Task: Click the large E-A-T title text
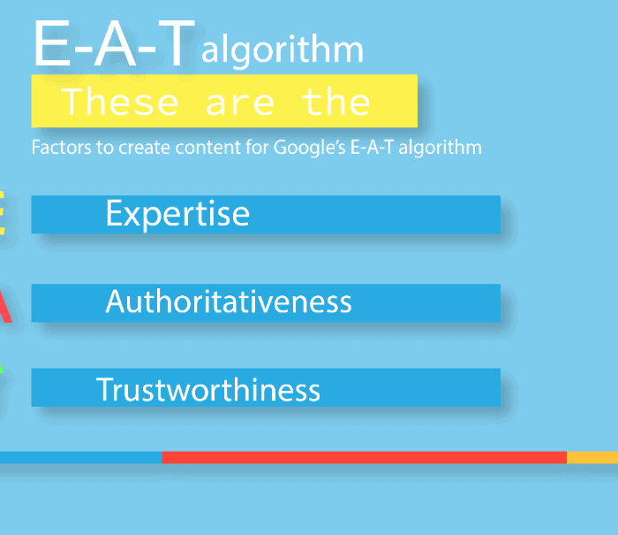point(114,43)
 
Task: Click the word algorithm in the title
point(283,50)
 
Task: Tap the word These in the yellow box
point(120,102)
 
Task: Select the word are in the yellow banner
point(239,105)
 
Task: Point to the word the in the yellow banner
point(336,102)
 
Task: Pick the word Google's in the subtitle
point(309,148)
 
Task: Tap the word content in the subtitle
point(207,148)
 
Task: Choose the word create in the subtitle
point(144,148)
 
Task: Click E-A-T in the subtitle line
point(372,148)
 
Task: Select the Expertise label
point(177,214)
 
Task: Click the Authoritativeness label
point(228,302)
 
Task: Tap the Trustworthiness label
point(208,389)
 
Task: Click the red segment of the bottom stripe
point(364,457)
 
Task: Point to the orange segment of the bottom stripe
point(592,457)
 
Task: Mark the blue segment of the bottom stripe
point(81,457)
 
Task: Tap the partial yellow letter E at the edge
point(2,213)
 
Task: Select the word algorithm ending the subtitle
point(440,148)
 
